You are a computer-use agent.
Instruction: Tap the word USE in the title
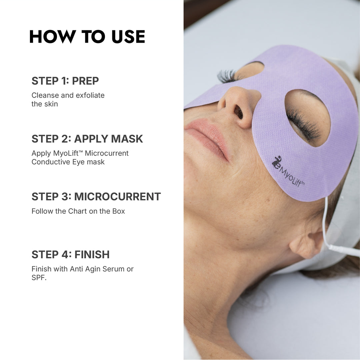pyautogui.click(x=128, y=37)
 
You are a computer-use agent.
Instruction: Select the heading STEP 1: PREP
pyautogui.click(x=65, y=81)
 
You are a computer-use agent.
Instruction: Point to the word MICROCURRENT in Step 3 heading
pyautogui.click(x=117, y=196)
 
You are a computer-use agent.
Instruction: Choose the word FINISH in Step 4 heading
pyautogui.click(x=92, y=254)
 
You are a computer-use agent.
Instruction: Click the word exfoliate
pyautogui.click(x=90, y=95)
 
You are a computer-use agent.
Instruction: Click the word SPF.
pyautogui.click(x=38, y=278)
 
